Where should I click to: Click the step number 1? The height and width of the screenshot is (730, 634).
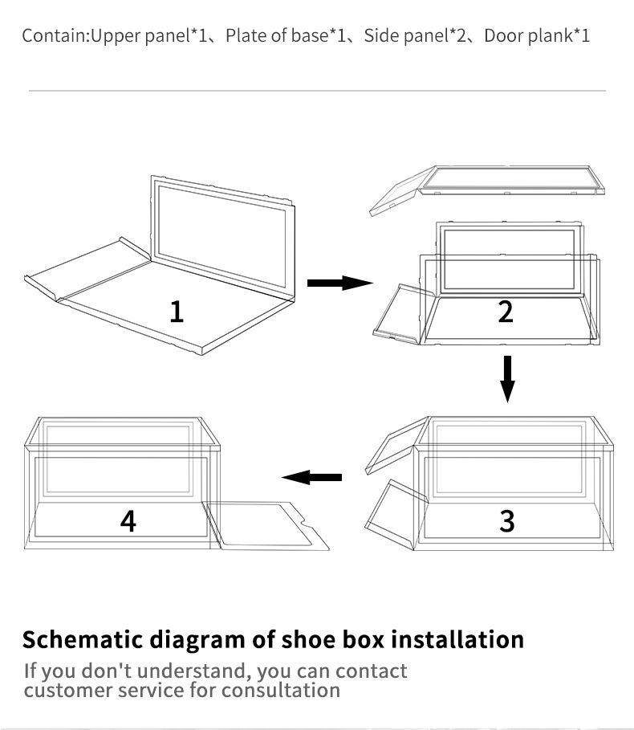(177, 311)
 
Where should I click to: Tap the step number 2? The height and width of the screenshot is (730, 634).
(505, 311)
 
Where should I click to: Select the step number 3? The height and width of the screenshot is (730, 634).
(506, 520)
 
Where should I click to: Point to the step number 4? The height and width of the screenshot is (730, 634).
(128, 520)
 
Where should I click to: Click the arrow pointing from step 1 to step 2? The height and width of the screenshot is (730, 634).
(339, 283)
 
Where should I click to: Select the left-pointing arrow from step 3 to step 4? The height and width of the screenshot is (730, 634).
(312, 478)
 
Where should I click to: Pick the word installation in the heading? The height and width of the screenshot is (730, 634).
(457, 640)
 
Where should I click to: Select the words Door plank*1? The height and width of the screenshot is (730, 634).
(537, 36)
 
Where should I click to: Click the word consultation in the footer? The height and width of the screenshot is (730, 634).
(281, 691)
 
